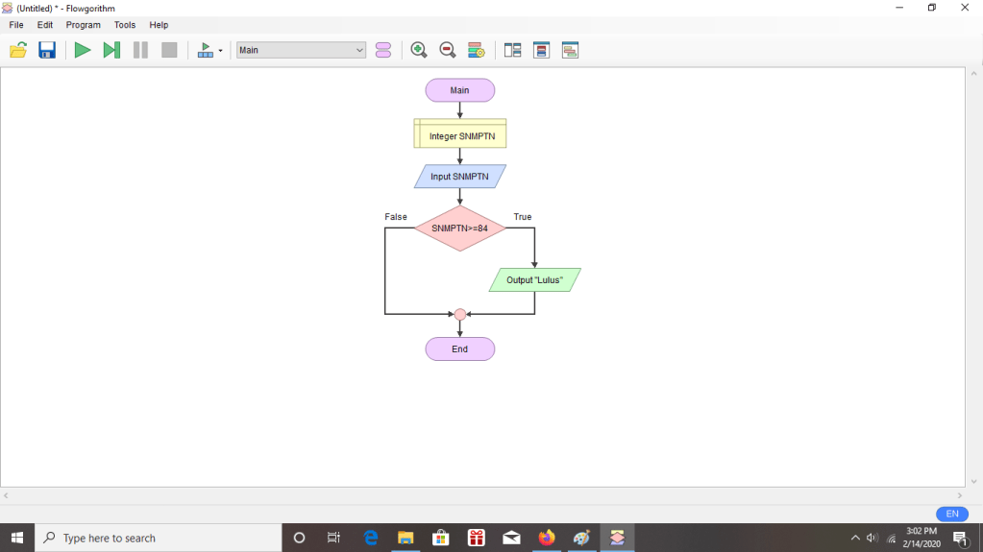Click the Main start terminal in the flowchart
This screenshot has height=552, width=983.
tap(459, 90)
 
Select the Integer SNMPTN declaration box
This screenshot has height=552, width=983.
tap(459, 135)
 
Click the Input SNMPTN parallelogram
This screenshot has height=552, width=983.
tap(459, 177)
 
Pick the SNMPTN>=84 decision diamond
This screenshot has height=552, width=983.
tap(459, 228)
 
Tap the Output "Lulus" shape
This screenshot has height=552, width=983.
tap(534, 280)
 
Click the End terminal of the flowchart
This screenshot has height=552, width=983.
tap(459, 348)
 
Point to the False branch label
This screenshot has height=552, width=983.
tap(396, 217)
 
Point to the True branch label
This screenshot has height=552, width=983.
tap(523, 217)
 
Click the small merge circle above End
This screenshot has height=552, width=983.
tap(460, 314)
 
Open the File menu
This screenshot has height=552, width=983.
tap(16, 25)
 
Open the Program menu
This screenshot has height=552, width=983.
tap(83, 25)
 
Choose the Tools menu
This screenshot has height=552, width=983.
tap(125, 25)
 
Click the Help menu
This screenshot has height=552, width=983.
tap(159, 25)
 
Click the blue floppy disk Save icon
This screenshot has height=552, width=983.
tap(47, 50)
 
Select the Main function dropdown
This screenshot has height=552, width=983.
tap(301, 50)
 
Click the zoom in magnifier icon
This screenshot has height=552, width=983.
tap(419, 50)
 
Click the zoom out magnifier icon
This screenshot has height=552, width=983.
tap(448, 50)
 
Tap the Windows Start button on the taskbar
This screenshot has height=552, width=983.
tap(17, 538)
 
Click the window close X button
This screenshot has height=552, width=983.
tap(965, 8)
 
